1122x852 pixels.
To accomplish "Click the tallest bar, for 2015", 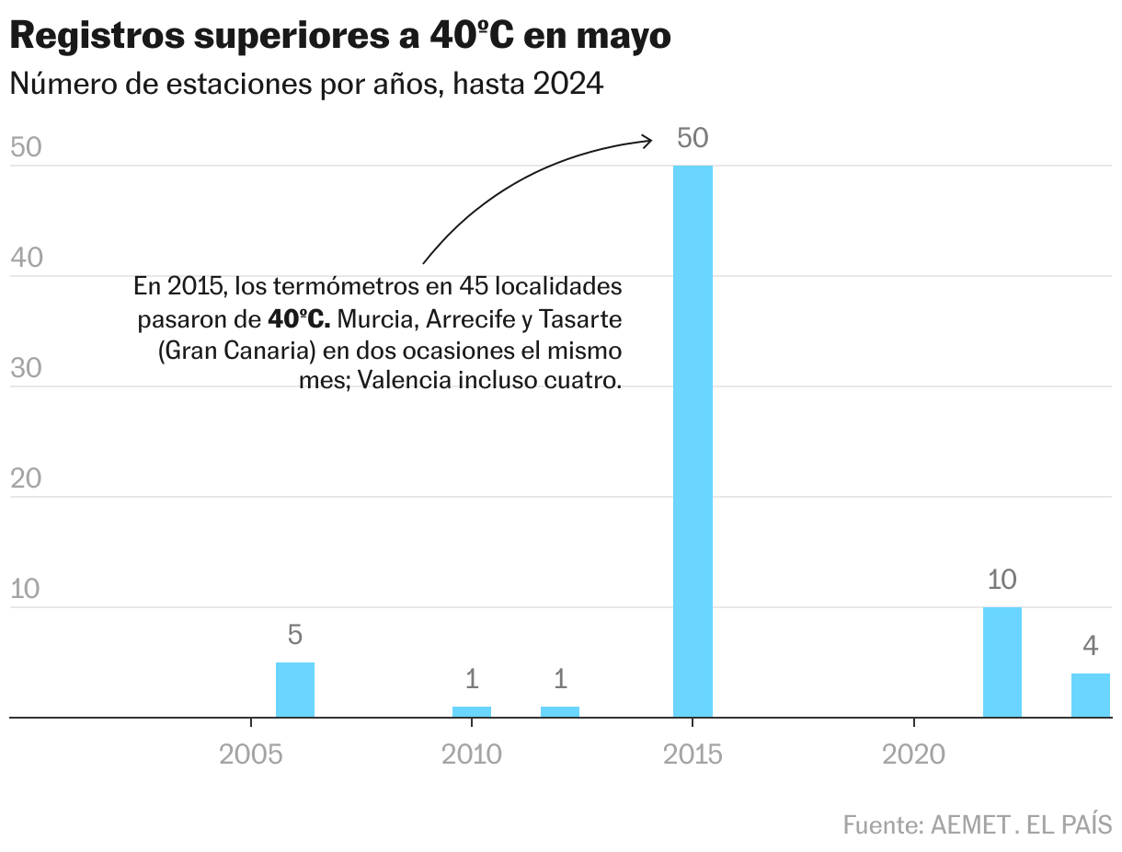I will tap(693, 442).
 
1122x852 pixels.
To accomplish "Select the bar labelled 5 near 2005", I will tap(295, 690).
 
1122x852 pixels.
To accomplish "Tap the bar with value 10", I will tap(1002, 662).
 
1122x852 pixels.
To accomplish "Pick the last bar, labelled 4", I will tap(1091, 696).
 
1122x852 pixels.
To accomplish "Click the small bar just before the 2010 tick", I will tap(472, 712).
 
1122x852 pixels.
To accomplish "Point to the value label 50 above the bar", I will tap(693, 138).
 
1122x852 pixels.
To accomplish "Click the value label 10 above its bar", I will tap(1002, 581).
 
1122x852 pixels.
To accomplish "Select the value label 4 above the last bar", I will tap(1091, 646).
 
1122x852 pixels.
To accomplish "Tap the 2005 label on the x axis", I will tap(250, 755).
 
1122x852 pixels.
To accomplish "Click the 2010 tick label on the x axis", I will tap(472, 755).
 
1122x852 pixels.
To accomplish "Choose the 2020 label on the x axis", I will tap(913, 755).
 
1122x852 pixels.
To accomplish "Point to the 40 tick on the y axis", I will tap(27, 258).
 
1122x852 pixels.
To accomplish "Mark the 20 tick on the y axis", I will tap(27, 478).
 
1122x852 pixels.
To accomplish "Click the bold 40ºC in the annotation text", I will tap(298, 319).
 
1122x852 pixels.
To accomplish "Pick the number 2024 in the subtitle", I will tap(567, 85).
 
